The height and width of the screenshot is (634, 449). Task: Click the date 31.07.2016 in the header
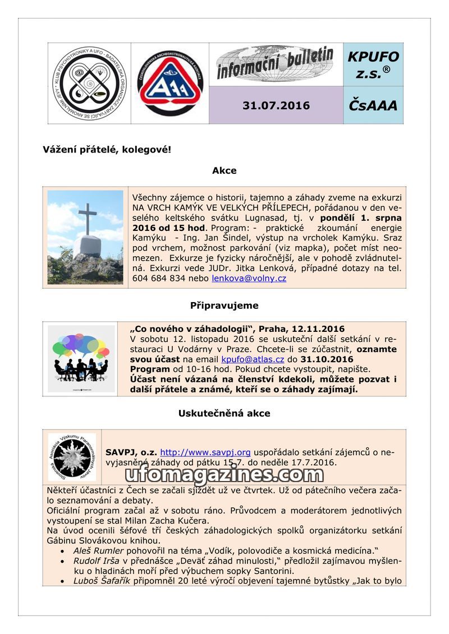click(276, 105)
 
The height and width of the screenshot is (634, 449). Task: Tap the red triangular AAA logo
click(170, 83)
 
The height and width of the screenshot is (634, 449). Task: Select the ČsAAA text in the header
click(373, 105)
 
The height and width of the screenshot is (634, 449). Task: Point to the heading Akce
click(224, 170)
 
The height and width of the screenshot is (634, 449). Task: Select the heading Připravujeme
click(224, 306)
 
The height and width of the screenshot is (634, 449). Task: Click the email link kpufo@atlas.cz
click(253, 359)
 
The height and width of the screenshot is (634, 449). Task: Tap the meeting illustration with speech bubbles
click(81, 359)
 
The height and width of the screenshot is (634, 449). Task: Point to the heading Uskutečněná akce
click(224, 413)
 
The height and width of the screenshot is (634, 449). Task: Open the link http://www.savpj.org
click(205, 452)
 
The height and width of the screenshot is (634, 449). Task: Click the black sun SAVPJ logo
click(72, 456)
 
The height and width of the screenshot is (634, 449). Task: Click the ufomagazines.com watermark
click(224, 475)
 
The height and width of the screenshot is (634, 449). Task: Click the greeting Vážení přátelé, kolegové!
click(107, 150)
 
